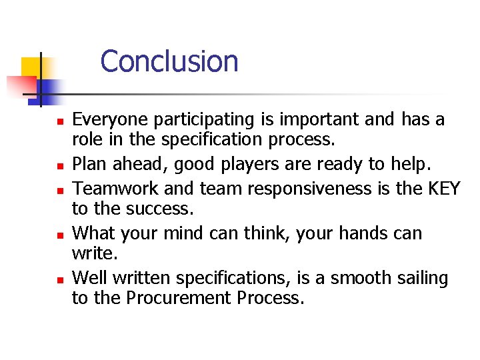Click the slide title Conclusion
pyautogui.click(x=169, y=61)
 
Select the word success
pyautogui.click(x=159, y=209)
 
